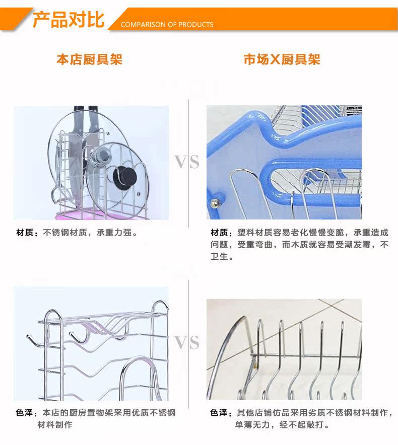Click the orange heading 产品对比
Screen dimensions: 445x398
pyautogui.click(x=68, y=20)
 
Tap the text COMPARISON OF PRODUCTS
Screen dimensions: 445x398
pyautogui.click(x=167, y=25)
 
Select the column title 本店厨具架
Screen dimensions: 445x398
pyautogui.click(x=89, y=60)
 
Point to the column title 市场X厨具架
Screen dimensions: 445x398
pyautogui.click(x=282, y=60)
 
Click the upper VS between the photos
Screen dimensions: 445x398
pyautogui.click(x=187, y=162)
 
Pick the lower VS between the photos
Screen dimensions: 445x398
pyautogui.click(x=187, y=343)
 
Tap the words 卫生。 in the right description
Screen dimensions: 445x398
pyautogui.click(x=222, y=257)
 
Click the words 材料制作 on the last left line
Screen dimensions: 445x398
pyautogui.click(x=55, y=425)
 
